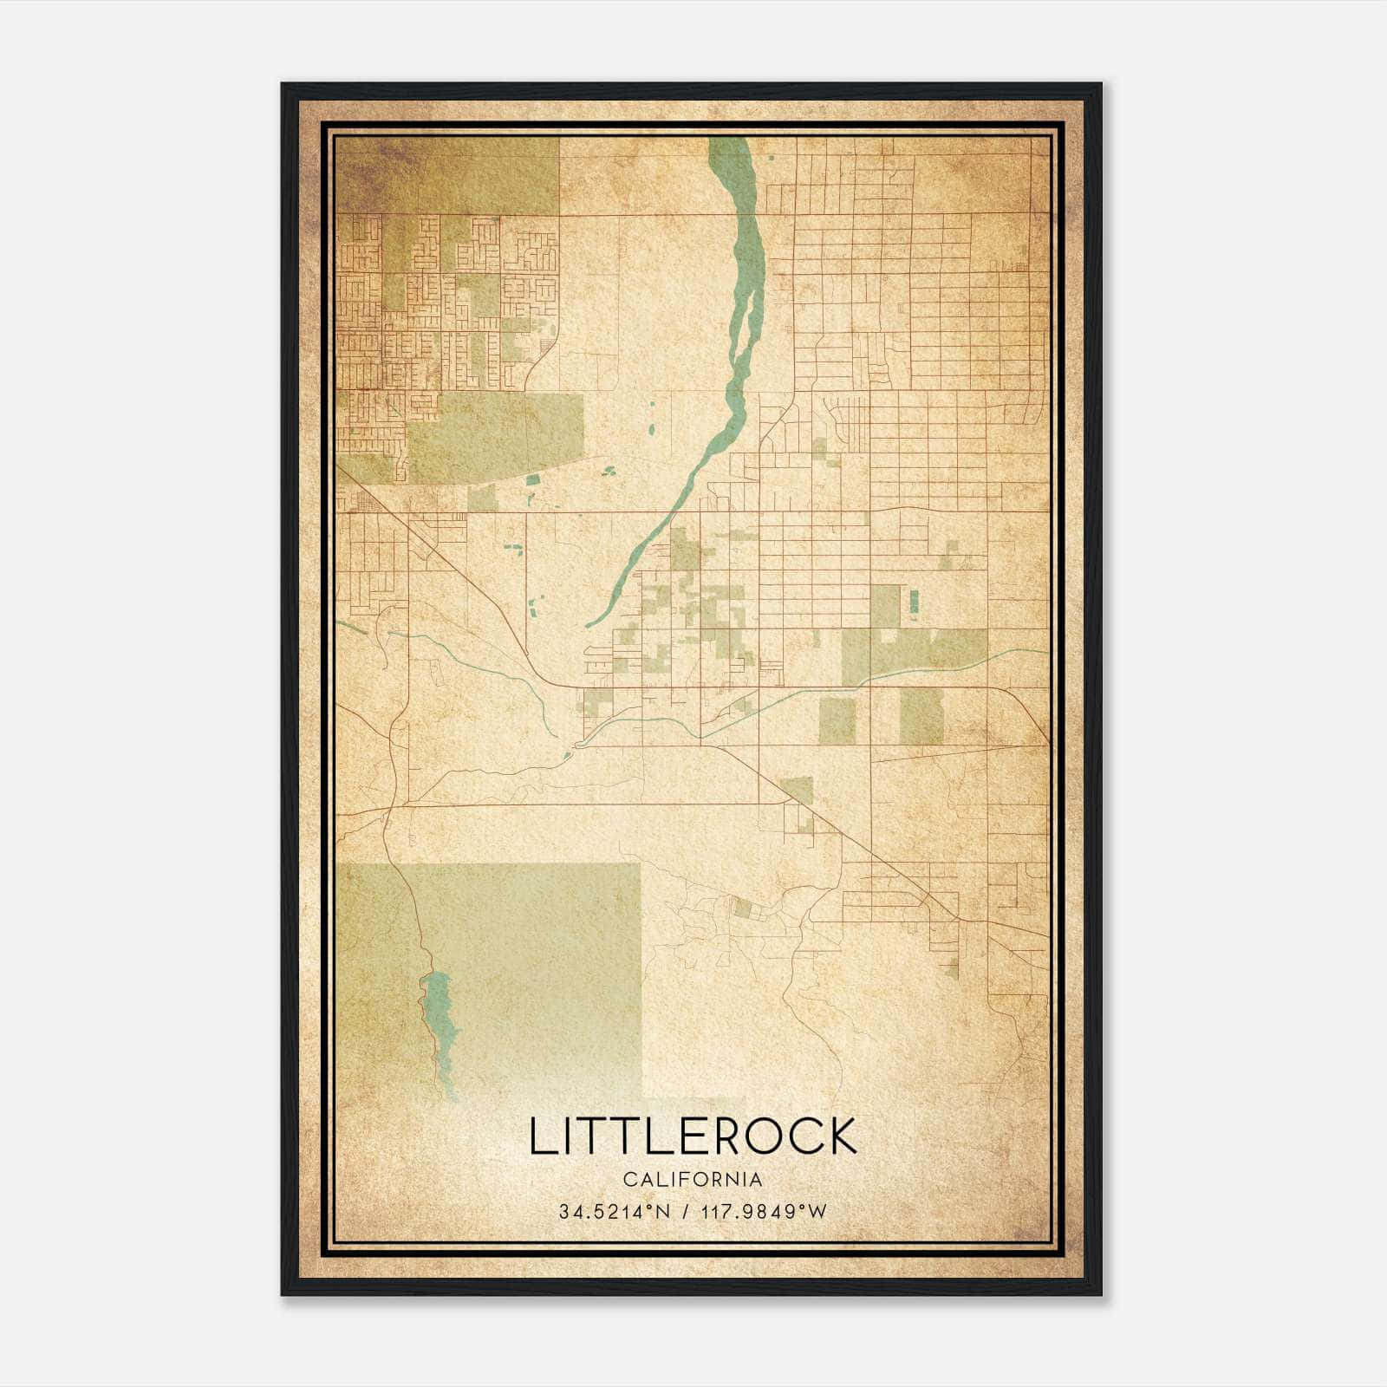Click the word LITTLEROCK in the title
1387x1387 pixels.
[x=693, y=1136]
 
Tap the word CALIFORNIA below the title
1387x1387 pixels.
[x=693, y=1180]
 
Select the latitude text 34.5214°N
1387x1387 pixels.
[x=615, y=1212]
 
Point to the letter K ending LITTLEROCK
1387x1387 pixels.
[x=841, y=1136]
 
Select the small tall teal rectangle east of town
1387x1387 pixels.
[x=913, y=602]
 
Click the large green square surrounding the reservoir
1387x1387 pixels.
[x=537, y=962]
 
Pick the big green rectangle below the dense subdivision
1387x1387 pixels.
[x=494, y=438]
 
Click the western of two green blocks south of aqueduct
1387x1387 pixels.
[x=837, y=720]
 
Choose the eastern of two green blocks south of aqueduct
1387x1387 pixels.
[x=921, y=717]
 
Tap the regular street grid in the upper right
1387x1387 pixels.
[x=919, y=286]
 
